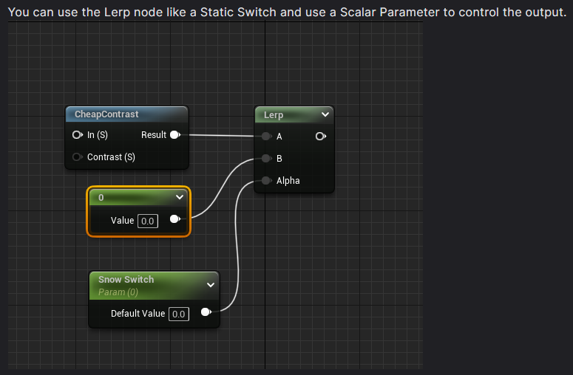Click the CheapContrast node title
(106, 114)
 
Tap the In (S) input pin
(77, 135)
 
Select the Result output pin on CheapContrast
(175, 135)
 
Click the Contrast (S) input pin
(77, 156)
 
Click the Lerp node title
(274, 115)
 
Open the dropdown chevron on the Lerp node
(325, 114)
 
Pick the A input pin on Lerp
(266, 137)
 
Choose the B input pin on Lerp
(266, 158)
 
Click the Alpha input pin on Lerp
(266, 180)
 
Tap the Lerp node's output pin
(320, 137)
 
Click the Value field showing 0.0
(148, 221)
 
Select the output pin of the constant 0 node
(175, 219)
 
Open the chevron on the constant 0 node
(180, 197)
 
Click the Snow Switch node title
(126, 280)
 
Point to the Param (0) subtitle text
(118, 292)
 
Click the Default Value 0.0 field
(179, 314)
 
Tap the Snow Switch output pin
(206, 312)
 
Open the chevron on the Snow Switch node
(211, 285)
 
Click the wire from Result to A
(222, 136)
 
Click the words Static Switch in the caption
(238, 13)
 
